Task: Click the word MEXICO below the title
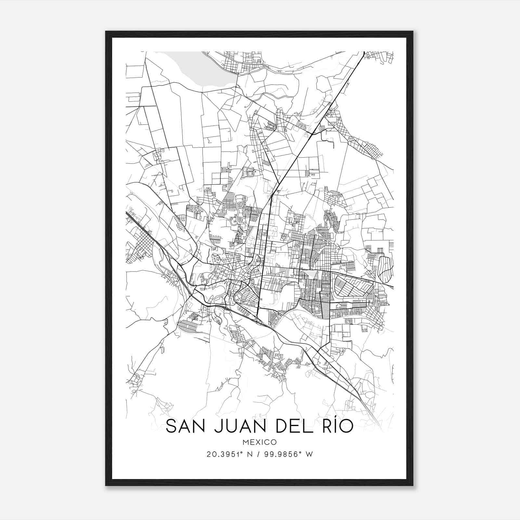(259, 442)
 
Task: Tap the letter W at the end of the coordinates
(310, 454)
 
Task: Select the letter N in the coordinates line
(249, 454)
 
